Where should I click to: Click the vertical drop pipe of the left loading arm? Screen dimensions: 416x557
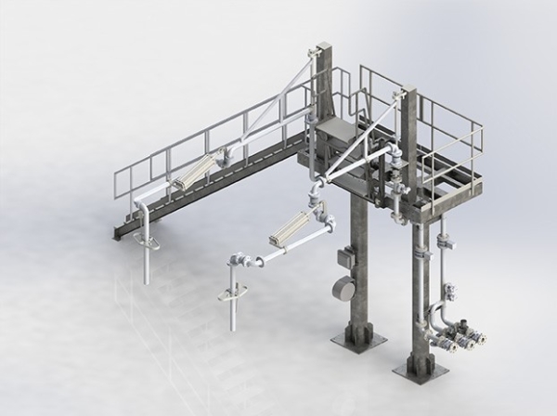146,260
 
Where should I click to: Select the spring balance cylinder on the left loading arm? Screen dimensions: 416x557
189,173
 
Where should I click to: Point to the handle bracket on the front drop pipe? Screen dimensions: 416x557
229,293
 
